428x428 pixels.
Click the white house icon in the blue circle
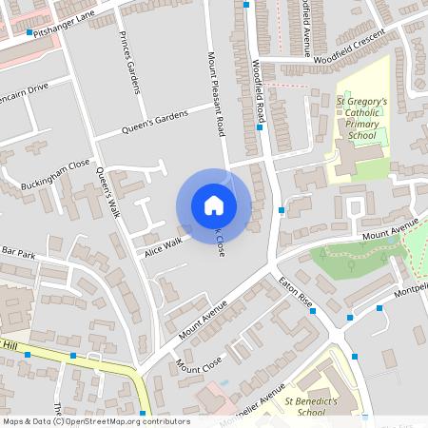tap(213, 205)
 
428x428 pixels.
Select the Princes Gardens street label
tap(129, 62)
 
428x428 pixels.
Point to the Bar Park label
tap(18, 254)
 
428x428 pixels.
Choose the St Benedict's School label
tap(311, 407)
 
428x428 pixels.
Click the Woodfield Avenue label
tap(305, 29)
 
